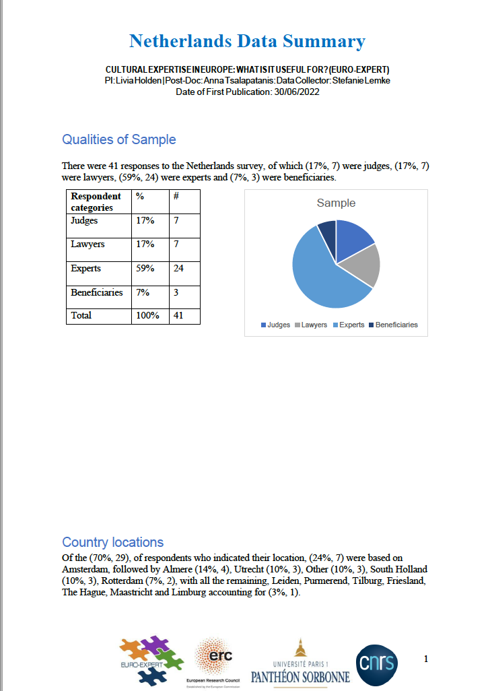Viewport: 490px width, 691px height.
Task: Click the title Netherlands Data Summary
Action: (247, 41)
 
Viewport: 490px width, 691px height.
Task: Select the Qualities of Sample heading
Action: (118, 139)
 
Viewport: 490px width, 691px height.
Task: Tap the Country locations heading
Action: (112, 542)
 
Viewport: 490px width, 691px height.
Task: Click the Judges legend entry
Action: (276, 325)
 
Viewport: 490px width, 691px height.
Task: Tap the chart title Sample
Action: (336, 203)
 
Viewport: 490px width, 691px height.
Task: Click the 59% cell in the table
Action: (145, 268)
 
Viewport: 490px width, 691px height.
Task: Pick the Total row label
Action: (81, 315)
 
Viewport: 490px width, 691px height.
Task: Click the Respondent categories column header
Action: (96, 202)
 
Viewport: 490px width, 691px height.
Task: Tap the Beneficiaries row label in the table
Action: (97, 292)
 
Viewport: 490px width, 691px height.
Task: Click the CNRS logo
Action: (377, 663)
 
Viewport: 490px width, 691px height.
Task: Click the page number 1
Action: (426, 659)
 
